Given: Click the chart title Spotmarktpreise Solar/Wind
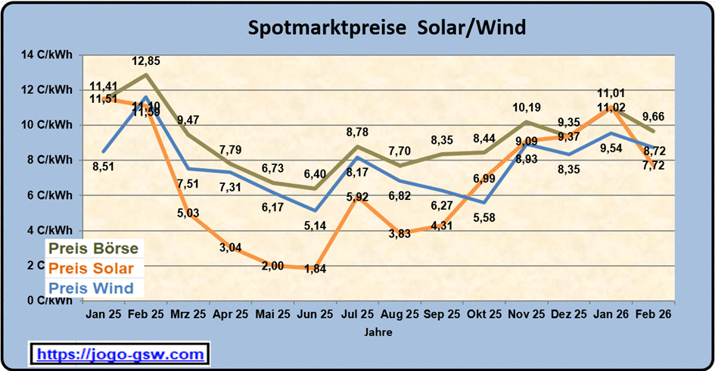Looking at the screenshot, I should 387,28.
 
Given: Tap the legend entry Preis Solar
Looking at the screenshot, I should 91,268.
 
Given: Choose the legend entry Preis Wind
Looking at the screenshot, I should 91,288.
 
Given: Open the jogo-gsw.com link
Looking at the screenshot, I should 120,354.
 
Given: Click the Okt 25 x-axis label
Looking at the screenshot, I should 483,313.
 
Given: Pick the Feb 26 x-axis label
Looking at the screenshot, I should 653,313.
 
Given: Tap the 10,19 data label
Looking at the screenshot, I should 530,107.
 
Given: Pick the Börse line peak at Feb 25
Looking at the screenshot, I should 145,75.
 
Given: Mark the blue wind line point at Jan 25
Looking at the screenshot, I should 103,151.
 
